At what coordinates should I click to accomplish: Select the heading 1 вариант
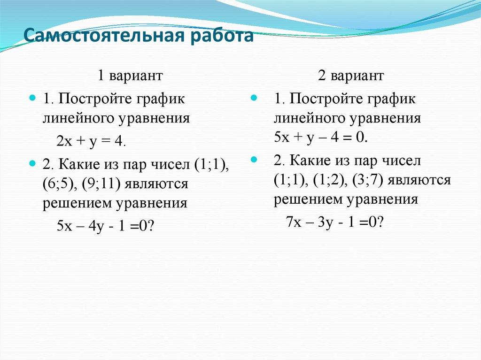130,75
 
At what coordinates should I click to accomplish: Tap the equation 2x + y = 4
91,141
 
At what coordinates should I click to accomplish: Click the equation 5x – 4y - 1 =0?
106,225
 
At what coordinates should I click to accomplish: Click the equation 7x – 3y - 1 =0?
335,221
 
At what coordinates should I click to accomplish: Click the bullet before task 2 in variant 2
254,160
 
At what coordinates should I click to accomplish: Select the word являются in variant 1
156,184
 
